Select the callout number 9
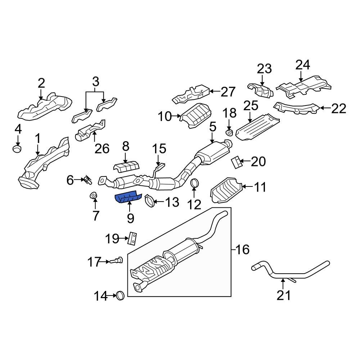[130, 217]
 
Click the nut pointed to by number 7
[93, 195]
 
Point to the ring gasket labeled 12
[194, 183]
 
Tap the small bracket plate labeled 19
[133, 238]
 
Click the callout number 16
[243, 249]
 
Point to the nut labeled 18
[229, 133]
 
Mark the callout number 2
[41, 84]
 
